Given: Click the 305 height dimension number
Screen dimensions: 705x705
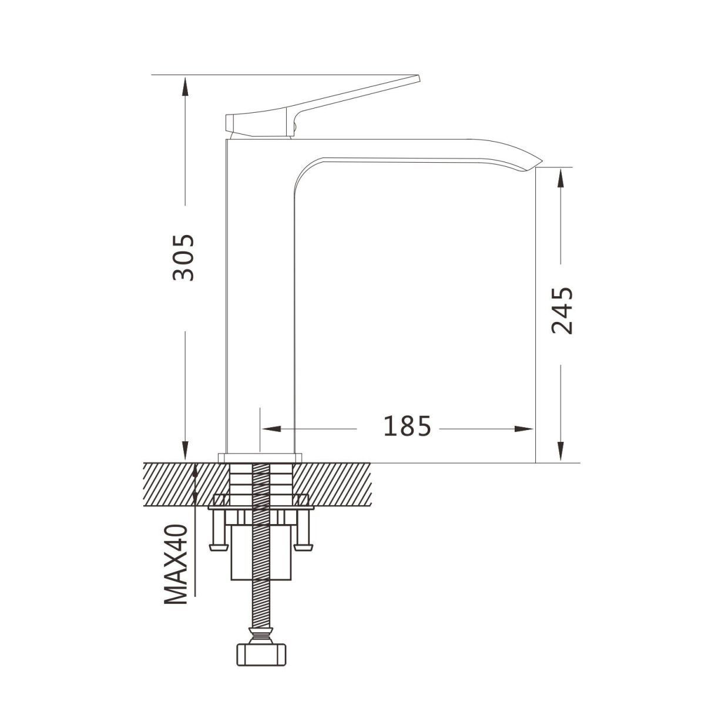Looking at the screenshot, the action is [x=183, y=257].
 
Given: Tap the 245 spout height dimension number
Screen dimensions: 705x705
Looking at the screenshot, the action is [x=562, y=311].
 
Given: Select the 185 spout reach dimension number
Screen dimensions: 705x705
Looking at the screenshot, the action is [x=407, y=426].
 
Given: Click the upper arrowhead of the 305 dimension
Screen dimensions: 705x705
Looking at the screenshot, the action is [x=185, y=86].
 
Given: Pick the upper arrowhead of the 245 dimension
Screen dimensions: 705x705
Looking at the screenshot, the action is [x=560, y=178].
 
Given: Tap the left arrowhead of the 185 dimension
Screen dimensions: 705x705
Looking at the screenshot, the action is [x=271, y=429].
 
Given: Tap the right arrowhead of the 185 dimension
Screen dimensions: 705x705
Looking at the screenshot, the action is [x=524, y=429].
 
